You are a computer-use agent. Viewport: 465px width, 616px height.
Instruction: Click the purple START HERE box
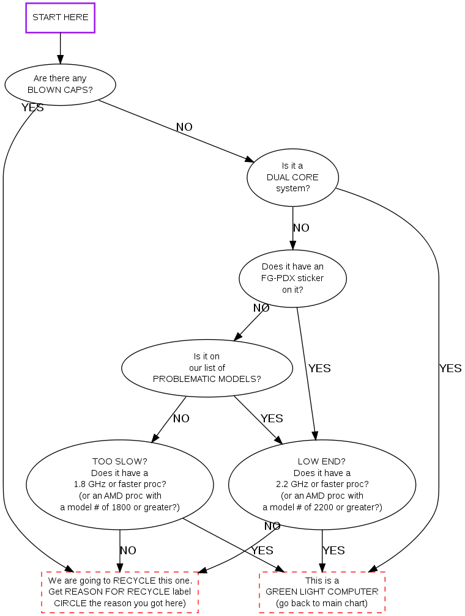(x=60, y=18)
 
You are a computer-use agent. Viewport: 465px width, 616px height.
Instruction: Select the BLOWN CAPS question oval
(x=60, y=84)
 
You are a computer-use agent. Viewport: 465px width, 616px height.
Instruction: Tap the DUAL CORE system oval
(x=292, y=177)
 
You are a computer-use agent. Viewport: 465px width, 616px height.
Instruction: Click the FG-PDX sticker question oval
(x=292, y=278)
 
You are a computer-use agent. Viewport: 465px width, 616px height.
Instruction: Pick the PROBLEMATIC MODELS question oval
(x=207, y=368)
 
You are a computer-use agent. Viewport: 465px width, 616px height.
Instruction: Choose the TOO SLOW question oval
(x=119, y=484)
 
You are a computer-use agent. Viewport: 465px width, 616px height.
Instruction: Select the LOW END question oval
(x=322, y=484)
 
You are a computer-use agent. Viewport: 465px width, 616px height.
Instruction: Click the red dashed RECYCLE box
(x=120, y=592)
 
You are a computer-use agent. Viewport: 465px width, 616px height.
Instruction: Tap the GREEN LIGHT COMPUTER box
(x=322, y=592)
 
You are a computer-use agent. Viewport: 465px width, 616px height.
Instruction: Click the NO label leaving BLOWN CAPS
(x=184, y=127)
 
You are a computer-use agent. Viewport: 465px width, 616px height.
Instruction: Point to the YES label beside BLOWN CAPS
(x=32, y=108)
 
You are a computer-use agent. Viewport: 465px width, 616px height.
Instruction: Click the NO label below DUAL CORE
(x=301, y=228)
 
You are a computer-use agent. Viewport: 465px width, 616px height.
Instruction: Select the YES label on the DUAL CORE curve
(x=450, y=369)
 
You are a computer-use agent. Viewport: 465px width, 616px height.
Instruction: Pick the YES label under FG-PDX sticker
(x=319, y=369)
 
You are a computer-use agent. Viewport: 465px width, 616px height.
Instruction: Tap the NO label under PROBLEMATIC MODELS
(x=181, y=419)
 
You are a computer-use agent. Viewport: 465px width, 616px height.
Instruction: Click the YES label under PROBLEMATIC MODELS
(x=272, y=419)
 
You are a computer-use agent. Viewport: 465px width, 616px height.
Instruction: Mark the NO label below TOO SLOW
(x=128, y=551)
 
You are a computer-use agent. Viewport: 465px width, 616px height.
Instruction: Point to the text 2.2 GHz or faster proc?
(x=322, y=484)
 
